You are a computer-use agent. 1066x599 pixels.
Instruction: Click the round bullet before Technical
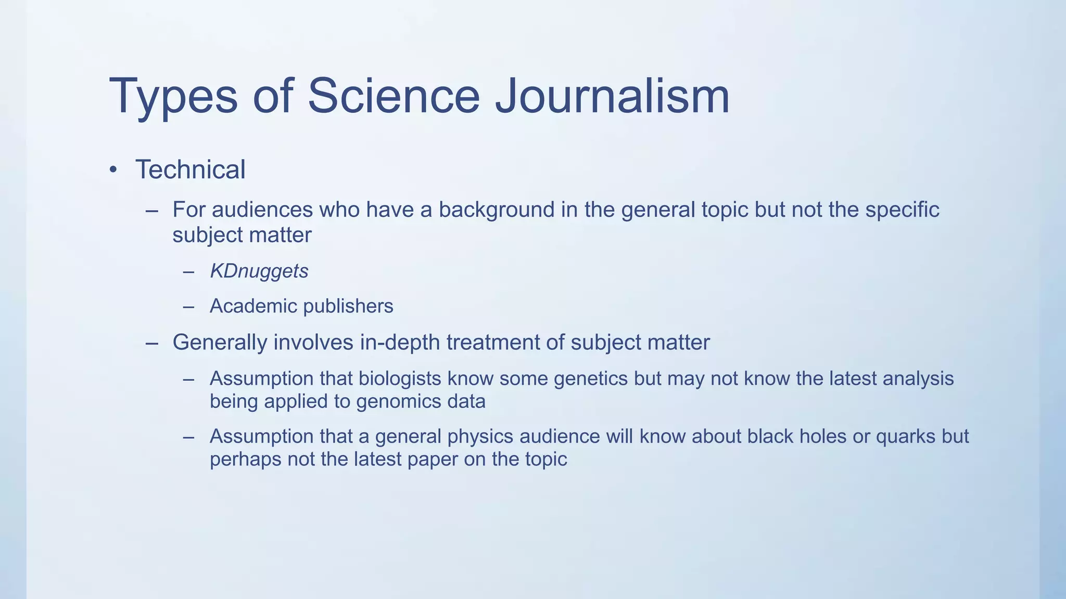pos(113,170)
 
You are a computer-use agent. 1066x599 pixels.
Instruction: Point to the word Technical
pos(190,170)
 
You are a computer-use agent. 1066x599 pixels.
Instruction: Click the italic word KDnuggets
pos(259,271)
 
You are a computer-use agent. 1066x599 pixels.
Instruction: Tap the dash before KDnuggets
pos(188,271)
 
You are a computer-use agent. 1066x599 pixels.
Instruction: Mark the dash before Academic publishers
pos(188,307)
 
